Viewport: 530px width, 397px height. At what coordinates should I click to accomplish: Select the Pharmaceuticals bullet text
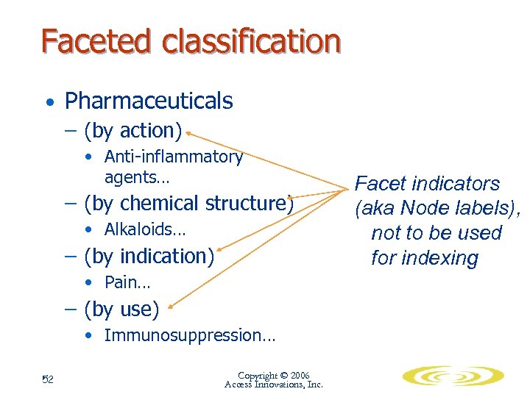[x=149, y=101]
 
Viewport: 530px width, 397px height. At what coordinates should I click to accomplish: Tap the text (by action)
[x=132, y=131]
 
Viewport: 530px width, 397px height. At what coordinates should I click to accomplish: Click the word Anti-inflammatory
[x=173, y=157]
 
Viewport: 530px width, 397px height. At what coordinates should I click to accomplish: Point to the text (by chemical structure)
[x=189, y=203]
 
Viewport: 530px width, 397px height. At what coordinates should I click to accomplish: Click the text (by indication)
[x=149, y=257]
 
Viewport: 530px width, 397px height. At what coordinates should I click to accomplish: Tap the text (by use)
[x=121, y=310]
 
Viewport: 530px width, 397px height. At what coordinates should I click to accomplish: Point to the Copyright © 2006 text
[x=273, y=375]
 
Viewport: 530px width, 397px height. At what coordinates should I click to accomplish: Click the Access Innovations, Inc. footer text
[x=273, y=385]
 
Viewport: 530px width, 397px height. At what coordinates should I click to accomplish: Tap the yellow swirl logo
[x=452, y=376]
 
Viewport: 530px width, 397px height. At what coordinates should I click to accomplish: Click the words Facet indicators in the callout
[x=427, y=184]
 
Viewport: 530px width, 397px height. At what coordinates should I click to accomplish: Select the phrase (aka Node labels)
[x=437, y=209]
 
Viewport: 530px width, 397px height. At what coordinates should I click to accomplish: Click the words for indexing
[x=424, y=258]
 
